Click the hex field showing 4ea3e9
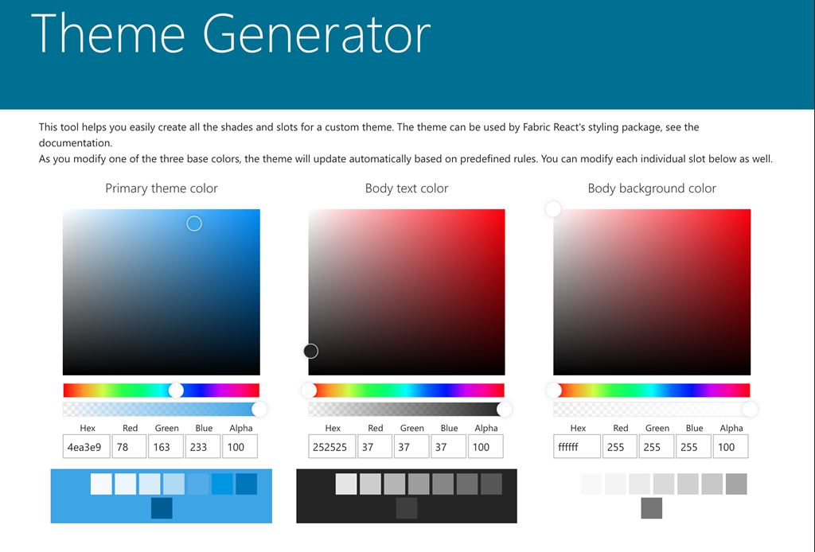(86, 446)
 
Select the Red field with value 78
(130, 446)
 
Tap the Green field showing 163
(166, 446)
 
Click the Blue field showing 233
(203, 446)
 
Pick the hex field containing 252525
(332, 446)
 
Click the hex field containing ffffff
(577, 446)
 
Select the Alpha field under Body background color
(731, 446)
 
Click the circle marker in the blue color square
(194, 224)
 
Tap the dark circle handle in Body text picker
(311, 352)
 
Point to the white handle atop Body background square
(554, 209)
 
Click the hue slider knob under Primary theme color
(176, 390)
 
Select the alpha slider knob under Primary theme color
(259, 409)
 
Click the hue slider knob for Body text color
(310, 390)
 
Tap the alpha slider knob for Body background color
(750, 409)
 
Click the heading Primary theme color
(161, 189)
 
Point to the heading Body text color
(407, 189)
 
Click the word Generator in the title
(317, 34)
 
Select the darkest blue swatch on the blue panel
(162, 508)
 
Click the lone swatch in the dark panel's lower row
(407, 508)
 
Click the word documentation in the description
(75, 143)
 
